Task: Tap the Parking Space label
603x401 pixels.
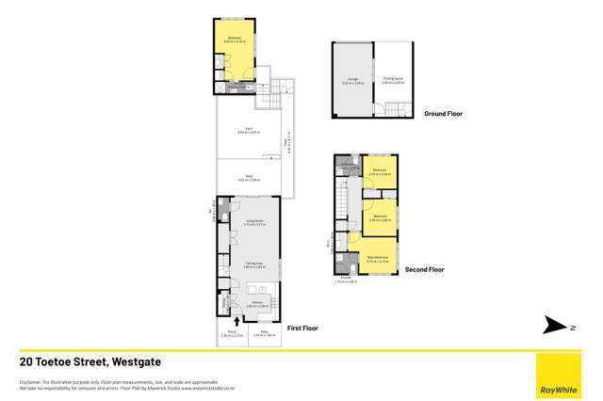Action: coord(393,80)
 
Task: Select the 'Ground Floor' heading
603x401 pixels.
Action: coord(442,114)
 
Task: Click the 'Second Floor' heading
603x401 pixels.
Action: coord(424,269)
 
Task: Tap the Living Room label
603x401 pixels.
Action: coord(248,224)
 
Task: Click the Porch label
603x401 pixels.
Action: coord(232,333)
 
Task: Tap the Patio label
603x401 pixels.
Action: coord(264,333)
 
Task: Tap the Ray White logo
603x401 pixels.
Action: coord(559,377)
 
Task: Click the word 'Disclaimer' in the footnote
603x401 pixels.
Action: coord(29,380)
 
